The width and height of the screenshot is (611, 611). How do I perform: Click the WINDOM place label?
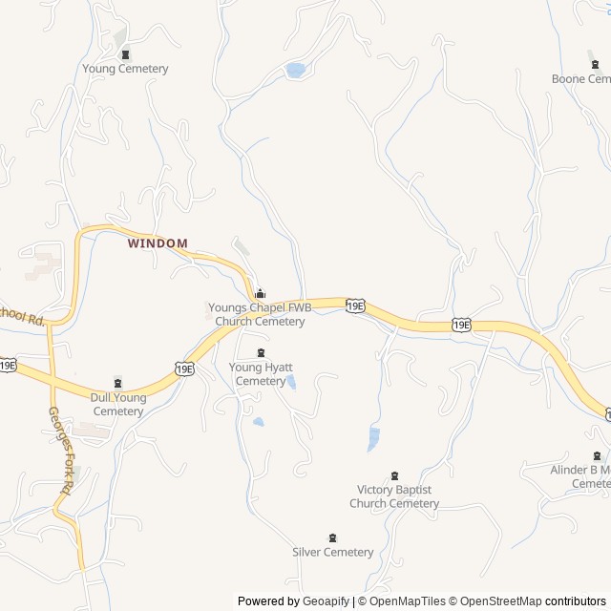tap(158, 243)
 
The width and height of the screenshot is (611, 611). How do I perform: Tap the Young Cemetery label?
tap(125, 69)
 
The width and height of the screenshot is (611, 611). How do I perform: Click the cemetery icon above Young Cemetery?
tap(125, 53)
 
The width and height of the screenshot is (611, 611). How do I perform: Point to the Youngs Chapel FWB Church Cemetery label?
tap(260, 315)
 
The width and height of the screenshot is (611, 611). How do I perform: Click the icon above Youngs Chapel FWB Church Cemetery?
tap(261, 293)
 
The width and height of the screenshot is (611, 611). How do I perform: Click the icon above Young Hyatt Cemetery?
tap(261, 353)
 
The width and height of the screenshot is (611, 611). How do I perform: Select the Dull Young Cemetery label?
tap(117, 405)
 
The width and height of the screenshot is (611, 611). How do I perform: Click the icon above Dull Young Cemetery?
tap(118, 383)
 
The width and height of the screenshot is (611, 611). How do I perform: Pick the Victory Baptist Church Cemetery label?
tap(394, 496)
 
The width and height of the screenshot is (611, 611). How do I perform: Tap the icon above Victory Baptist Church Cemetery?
tap(395, 475)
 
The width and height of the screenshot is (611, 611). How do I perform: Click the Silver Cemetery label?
tap(332, 552)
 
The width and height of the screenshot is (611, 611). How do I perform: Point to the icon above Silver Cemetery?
tap(332, 537)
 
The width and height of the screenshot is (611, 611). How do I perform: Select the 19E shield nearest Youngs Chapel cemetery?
tap(355, 305)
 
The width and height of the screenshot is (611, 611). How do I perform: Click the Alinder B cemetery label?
tap(580, 476)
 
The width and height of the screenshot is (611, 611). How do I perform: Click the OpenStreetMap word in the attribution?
tap(496, 601)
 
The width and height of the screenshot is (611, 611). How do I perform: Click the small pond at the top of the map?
tap(296, 70)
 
